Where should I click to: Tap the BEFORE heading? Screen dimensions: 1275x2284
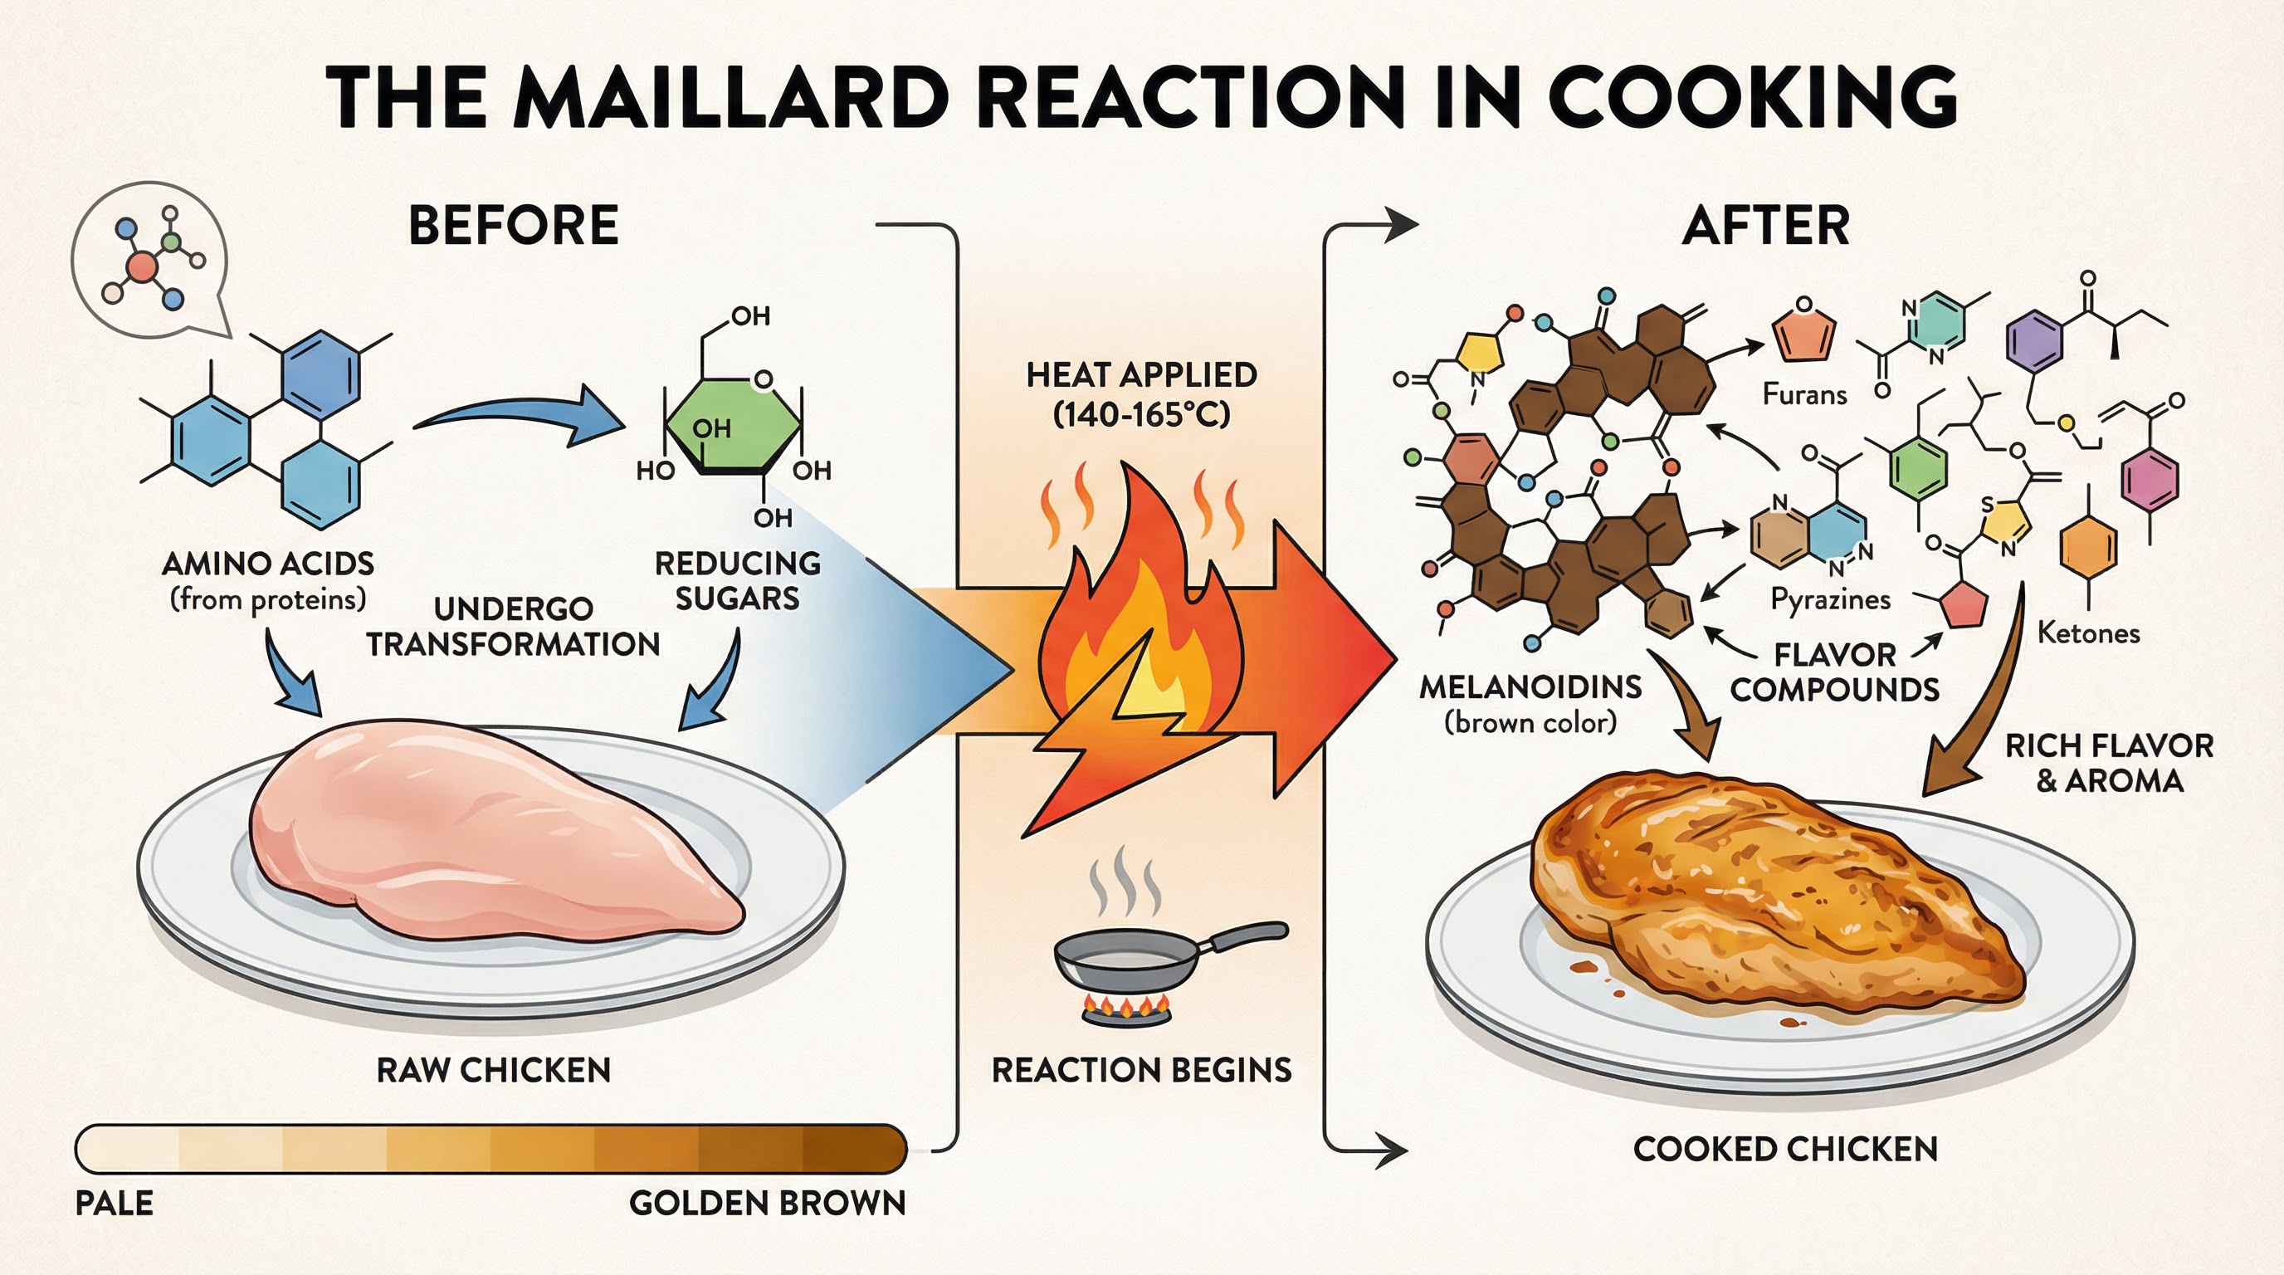(514, 225)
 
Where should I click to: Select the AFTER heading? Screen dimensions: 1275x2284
(1765, 225)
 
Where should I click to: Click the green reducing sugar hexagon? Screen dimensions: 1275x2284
(732, 426)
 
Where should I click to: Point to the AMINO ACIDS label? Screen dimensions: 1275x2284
(268, 564)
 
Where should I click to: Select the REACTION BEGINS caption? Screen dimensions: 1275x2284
(1141, 1070)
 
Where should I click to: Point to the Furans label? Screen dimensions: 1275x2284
(1804, 393)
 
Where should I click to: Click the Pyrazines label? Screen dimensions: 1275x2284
(1830, 599)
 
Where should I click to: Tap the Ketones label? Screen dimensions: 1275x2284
(2088, 633)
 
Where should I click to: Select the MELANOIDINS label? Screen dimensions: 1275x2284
(1530, 687)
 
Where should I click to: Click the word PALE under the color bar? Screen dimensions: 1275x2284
(115, 1203)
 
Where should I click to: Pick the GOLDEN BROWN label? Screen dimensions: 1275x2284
(767, 1203)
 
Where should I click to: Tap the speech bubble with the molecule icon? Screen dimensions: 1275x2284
(149, 261)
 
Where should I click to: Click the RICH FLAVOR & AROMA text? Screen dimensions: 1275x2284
(2108, 763)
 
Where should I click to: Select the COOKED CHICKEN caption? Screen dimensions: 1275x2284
(1785, 1149)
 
